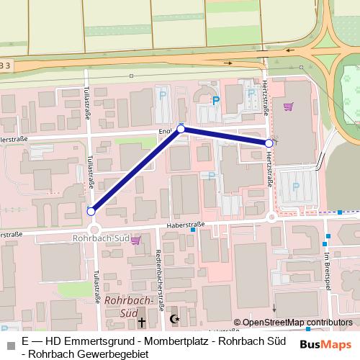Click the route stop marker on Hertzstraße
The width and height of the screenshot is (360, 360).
click(269, 143)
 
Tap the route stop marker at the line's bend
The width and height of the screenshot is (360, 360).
click(181, 129)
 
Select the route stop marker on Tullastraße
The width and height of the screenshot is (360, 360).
click(91, 212)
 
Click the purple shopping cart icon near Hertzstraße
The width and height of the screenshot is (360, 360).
click(289, 107)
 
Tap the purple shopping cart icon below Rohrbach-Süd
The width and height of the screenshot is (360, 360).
click(136, 242)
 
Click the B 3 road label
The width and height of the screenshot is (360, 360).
click(6, 66)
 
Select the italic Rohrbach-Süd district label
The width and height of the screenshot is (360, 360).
click(127, 305)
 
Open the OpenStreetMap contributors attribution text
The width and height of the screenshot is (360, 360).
click(297, 323)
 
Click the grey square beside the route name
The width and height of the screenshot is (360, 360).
click(9, 341)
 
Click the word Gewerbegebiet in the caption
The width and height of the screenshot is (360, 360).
click(108, 354)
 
